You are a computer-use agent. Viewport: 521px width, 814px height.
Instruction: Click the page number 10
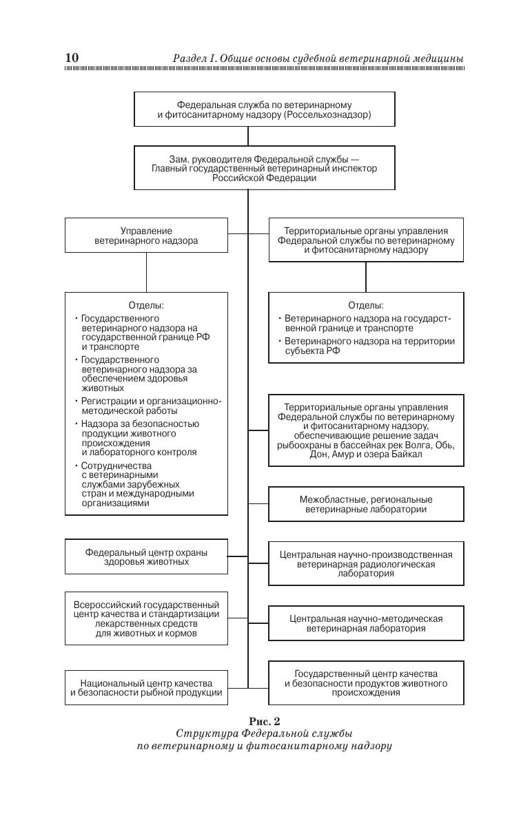tap(72, 58)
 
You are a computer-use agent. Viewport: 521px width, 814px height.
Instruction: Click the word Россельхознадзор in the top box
tap(328, 115)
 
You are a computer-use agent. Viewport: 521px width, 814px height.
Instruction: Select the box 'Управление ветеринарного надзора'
tap(146, 236)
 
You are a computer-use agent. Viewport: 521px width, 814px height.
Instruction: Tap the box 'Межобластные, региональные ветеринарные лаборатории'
tap(366, 504)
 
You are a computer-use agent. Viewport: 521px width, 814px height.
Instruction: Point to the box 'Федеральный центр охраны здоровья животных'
tap(146, 557)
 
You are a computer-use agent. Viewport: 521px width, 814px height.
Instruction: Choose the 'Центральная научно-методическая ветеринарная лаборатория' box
tap(366, 623)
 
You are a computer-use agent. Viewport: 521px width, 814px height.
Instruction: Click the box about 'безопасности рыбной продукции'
tap(146, 687)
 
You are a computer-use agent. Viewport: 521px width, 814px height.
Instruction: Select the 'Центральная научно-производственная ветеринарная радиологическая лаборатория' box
tap(366, 563)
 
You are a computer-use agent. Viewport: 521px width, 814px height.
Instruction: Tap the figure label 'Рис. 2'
tap(265, 722)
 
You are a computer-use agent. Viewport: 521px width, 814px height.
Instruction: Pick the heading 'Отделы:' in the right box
tap(366, 305)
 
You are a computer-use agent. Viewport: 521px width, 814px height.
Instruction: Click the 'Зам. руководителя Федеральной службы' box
tap(265, 168)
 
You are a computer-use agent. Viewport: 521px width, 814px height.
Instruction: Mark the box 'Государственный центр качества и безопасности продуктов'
tap(366, 683)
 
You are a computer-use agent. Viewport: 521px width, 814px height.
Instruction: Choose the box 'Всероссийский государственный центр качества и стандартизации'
tap(146, 618)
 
